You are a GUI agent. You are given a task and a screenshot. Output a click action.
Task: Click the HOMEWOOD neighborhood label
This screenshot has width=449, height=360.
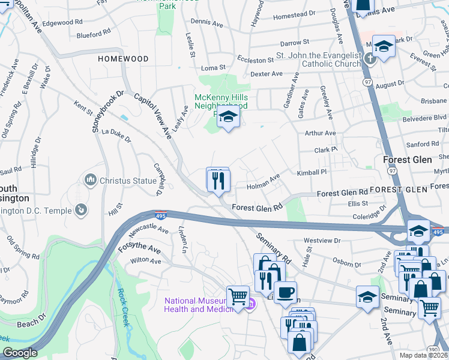[x=123, y=59]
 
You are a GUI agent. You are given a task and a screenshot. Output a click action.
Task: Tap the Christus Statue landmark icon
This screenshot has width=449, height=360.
[x=91, y=179]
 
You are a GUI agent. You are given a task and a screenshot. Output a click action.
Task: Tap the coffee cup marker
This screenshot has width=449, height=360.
[x=286, y=292]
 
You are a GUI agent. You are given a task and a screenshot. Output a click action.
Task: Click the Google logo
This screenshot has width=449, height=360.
[x=20, y=353]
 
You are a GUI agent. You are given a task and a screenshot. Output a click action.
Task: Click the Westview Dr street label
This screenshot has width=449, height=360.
[x=322, y=241]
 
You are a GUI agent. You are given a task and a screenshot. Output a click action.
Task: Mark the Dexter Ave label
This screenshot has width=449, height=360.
[x=267, y=74]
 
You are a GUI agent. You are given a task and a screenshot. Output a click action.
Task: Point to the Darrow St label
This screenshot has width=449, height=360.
[x=295, y=43]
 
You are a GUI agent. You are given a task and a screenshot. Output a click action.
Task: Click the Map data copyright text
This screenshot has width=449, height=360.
[x=423, y=355]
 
